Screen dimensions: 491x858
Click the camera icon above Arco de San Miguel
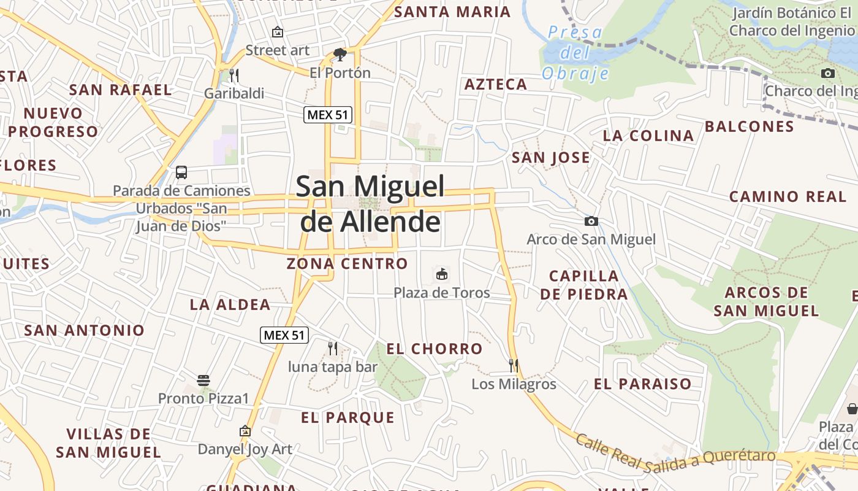coord(591,221)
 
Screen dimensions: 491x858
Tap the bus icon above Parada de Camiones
coord(181,172)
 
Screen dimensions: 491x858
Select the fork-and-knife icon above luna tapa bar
coord(333,349)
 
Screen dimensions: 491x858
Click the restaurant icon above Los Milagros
coord(514,366)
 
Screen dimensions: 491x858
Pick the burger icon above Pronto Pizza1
coord(203,381)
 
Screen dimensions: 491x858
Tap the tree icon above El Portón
coord(340,55)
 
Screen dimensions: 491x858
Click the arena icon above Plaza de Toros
coord(441,274)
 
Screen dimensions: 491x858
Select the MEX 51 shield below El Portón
coord(328,115)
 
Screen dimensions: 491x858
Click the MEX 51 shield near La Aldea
coord(284,335)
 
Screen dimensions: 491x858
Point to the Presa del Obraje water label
coord(575,53)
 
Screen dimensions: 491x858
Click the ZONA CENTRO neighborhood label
coord(347,264)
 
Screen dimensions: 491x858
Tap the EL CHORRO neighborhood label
coord(435,349)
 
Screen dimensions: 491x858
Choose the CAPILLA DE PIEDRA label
coord(584,285)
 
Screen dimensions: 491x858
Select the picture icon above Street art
coord(278,32)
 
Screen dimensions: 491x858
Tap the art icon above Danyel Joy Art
coord(245,431)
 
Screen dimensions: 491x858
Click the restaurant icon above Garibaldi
coord(233,75)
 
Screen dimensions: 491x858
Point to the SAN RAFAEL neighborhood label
coord(120,90)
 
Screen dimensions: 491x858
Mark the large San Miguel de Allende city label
coord(371,204)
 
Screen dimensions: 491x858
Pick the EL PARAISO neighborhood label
coord(642,384)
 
